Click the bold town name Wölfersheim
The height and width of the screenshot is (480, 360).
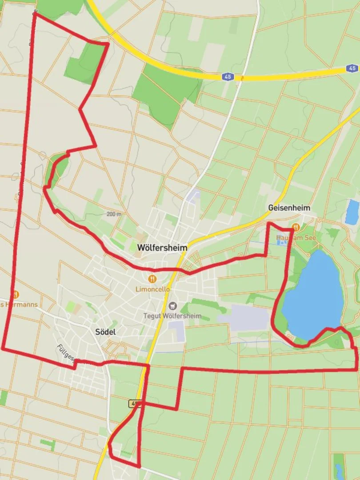point(162,248)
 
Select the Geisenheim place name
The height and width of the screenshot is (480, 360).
point(289,208)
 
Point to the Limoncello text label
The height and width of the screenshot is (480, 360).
point(152,289)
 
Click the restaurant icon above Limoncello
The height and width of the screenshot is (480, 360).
point(152,279)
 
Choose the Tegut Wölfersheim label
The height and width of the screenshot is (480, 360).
point(172,316)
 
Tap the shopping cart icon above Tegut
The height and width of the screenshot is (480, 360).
point(172,306)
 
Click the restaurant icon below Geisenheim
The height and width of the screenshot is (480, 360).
point(296,227)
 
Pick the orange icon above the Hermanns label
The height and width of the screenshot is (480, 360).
point(16,294)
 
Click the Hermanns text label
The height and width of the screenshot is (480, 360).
point(20,304)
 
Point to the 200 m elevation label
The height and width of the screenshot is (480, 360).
point(114,214)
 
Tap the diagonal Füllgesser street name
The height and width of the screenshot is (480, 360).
point(67,356)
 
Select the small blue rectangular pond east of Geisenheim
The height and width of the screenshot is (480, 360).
point(352,212)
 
